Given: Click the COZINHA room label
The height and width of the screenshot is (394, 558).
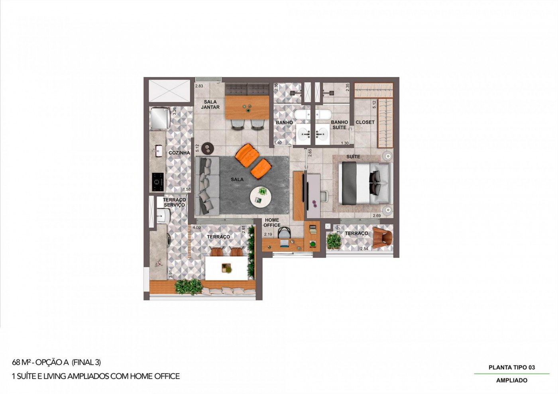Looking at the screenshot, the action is coord(179,153).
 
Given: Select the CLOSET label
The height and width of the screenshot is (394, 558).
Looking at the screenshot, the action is coord(365,122).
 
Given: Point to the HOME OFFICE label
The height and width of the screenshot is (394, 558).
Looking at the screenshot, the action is coord(272,223).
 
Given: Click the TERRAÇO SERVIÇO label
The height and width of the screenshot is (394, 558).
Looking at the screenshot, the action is coord(175,202).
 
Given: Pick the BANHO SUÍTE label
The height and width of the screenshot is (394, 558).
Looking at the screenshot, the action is coord(339,125).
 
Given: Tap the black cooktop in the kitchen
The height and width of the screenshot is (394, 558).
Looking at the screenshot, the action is coord(158,182).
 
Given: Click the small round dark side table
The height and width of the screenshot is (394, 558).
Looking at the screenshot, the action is coord(208,148).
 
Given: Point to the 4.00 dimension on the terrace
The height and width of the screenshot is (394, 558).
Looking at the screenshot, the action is coord(196,227).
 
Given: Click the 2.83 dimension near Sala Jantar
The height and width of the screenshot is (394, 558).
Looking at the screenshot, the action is coord(199,86).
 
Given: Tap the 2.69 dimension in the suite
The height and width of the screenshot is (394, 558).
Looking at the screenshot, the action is coord(377,216).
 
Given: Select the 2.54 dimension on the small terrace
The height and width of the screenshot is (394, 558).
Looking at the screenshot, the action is coord(364,249).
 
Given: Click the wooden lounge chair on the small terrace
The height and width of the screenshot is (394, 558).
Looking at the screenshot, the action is coord(382,237).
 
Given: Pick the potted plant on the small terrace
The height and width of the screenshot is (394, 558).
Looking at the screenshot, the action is coord(334,241).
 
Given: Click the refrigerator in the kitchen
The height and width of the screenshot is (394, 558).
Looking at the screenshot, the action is coord(160,119).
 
